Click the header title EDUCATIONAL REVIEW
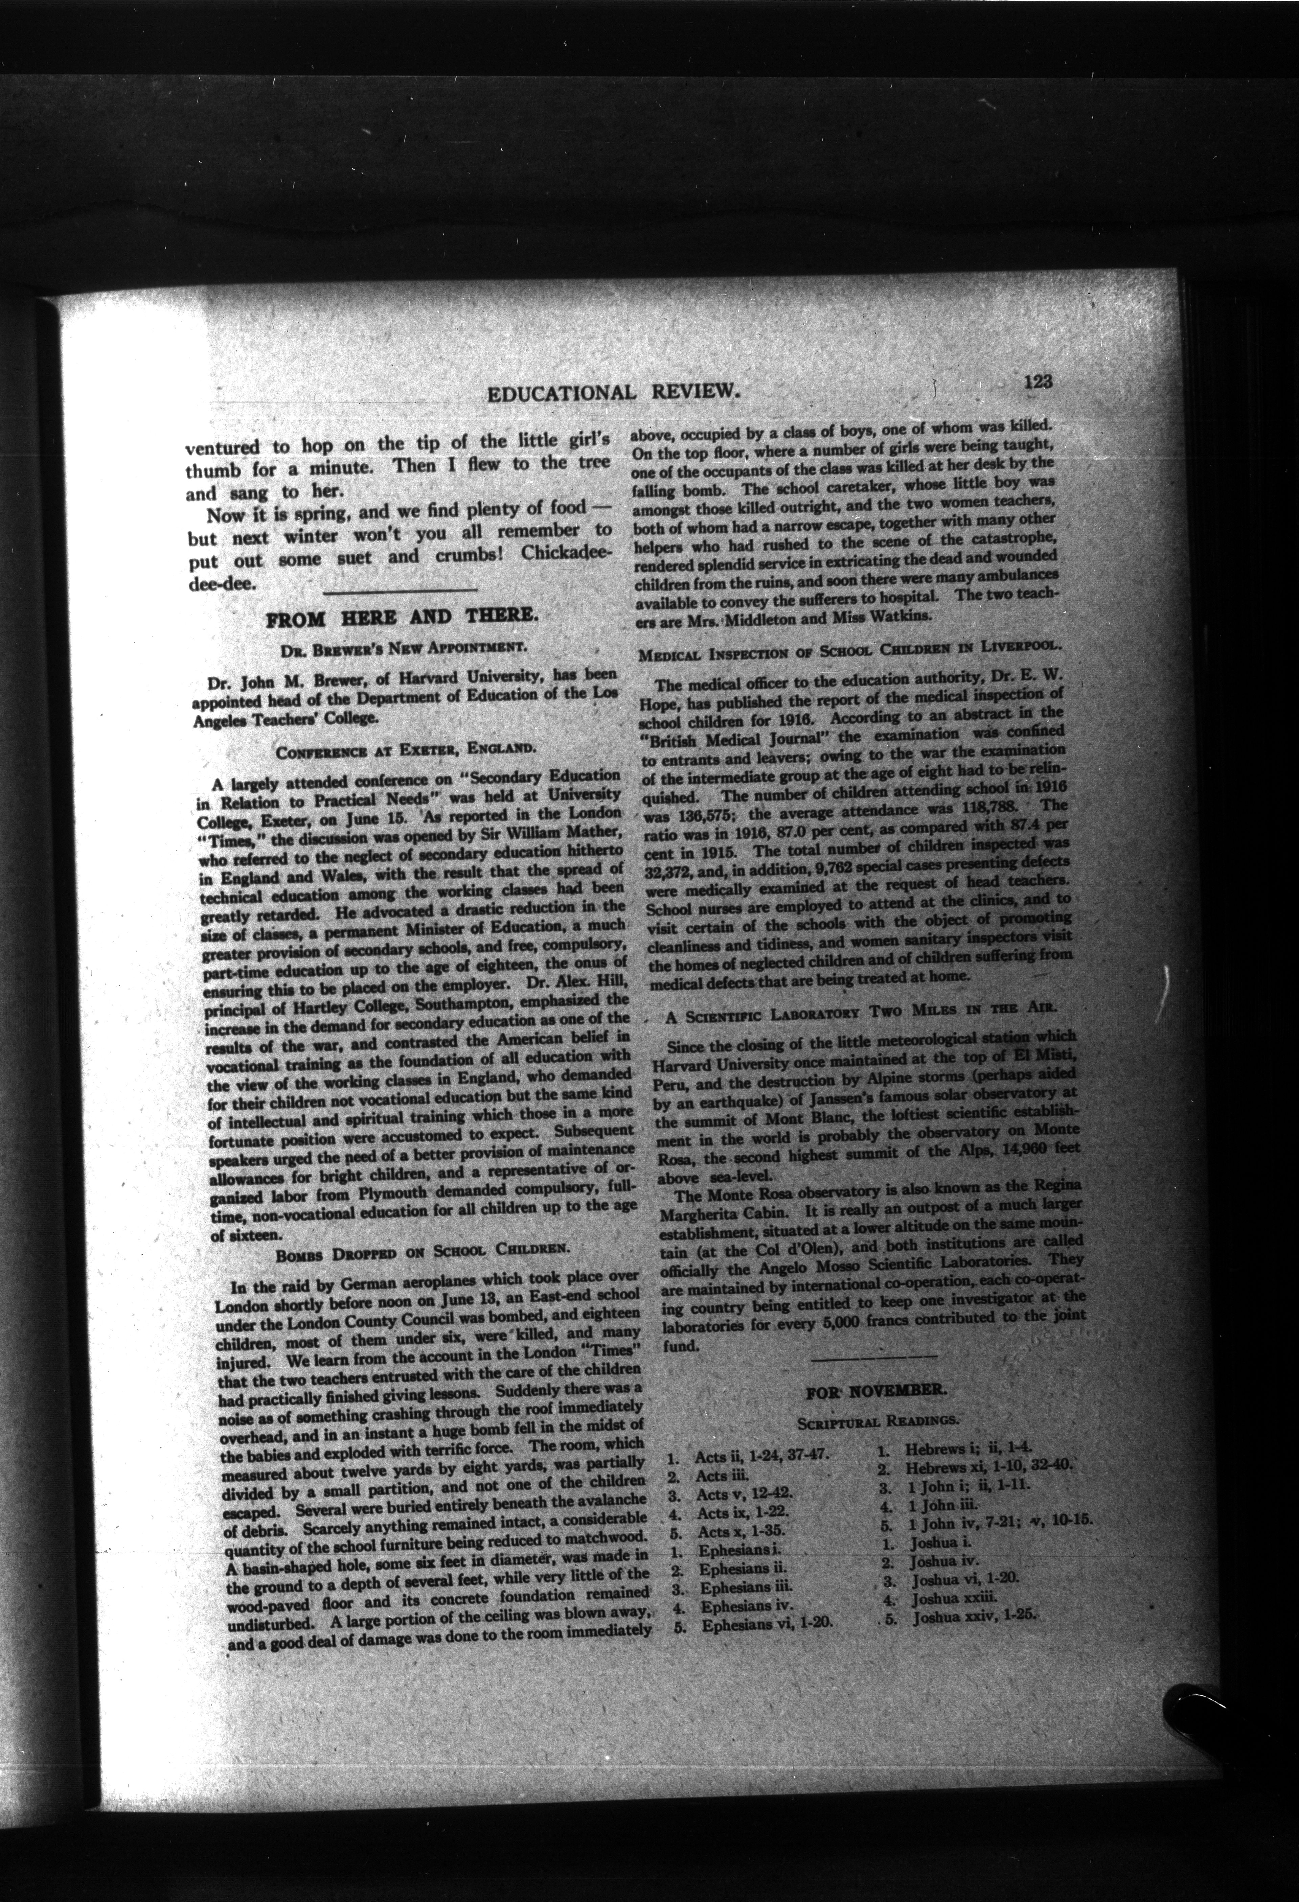click(614, 393)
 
